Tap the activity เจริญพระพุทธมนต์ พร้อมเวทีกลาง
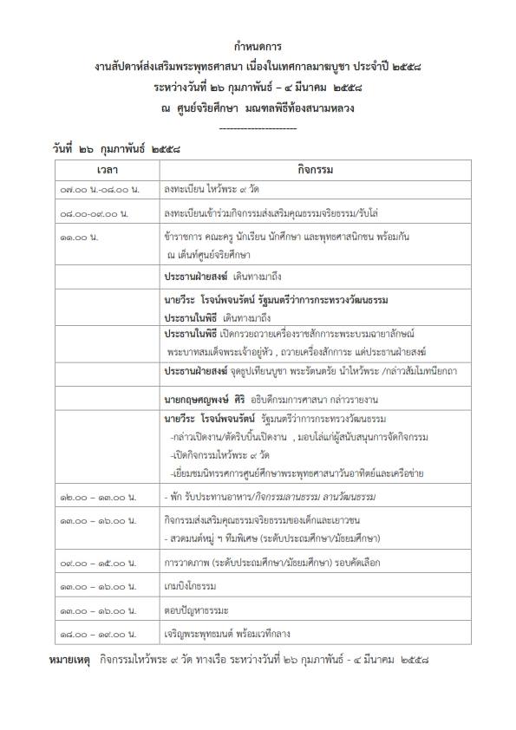[229, 634]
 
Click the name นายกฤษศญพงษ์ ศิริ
[209, 399]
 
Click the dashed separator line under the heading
[258, 127]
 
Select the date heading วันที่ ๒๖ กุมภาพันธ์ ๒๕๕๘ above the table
[116, 148]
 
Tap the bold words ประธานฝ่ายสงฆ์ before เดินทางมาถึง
[195, 276]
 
